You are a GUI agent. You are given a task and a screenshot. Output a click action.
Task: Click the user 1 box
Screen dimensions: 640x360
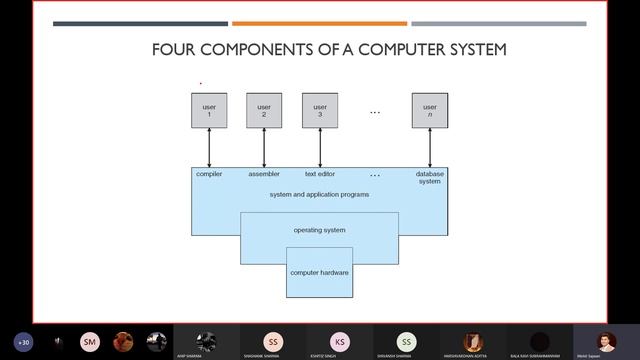[209, 110]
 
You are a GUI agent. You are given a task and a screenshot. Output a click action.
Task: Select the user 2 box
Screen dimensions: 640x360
[264, 110]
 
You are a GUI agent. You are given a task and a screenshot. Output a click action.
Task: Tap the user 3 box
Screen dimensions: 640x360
[320, 110]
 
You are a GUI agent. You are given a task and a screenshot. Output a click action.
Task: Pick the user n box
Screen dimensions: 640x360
[430, 110]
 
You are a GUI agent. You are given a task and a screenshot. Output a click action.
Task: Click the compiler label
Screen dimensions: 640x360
[209, 174]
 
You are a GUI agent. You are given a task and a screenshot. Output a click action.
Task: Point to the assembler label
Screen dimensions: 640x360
[264, 174]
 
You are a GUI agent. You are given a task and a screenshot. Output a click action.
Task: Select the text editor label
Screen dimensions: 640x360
[319, 174]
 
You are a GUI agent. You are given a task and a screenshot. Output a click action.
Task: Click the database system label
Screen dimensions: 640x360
[430, 177]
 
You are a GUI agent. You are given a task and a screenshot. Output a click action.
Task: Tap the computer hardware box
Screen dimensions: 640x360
[320, 273]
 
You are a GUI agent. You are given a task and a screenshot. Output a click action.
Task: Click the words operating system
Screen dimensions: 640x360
[320, 230]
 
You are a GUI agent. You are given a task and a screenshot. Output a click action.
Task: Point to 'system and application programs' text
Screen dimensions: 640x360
[320, 194]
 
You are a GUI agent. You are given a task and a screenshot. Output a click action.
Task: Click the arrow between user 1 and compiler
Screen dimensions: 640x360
[209, 148]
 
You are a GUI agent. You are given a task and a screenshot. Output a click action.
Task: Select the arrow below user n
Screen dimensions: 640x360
[430, 148]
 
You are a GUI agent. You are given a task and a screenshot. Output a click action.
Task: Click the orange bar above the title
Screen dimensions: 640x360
[319, 23]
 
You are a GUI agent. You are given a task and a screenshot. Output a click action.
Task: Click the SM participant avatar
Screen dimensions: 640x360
[90, 341]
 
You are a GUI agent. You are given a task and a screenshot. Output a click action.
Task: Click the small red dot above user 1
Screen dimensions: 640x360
[200, 83]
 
